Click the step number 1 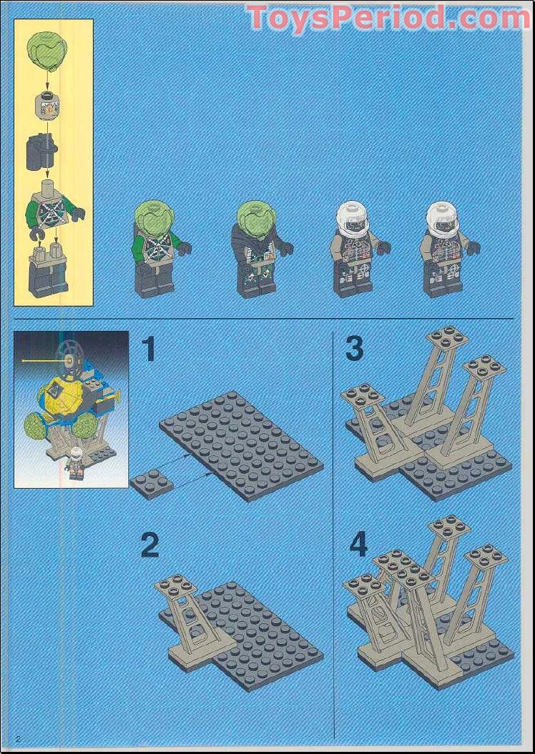pyautogui.click(x=148, y=349)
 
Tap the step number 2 pyautogui.click(x=149, y=545)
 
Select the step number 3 pyautogui.click(x=354, y=349)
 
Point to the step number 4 pyautogui.click(x=358, y=545)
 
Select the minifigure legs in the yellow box pyautogui.click(x=48, y=271)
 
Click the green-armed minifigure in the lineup pyautogui.click(x=159, y=248)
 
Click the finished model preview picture pyautogui.click(x=71, y=409)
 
